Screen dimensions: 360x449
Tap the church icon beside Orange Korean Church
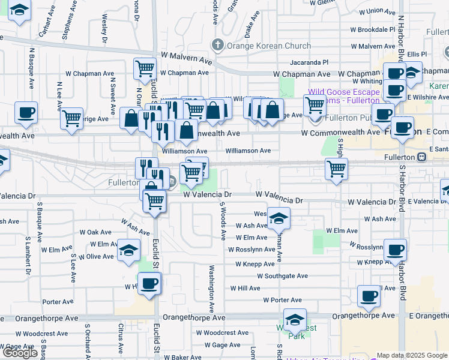(x=217, y=45)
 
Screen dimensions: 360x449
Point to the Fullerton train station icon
(x=422, y=157)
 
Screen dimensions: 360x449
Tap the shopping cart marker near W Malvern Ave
(x=144, y=70)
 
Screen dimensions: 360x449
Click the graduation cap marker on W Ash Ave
(x=279, y=219)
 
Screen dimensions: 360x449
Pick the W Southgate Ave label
(x=282, y=276)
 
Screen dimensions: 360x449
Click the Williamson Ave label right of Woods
(x=248, y=151)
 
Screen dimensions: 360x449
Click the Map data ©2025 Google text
(x=411, y=355)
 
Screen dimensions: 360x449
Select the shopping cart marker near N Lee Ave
(x=71, y=118)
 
